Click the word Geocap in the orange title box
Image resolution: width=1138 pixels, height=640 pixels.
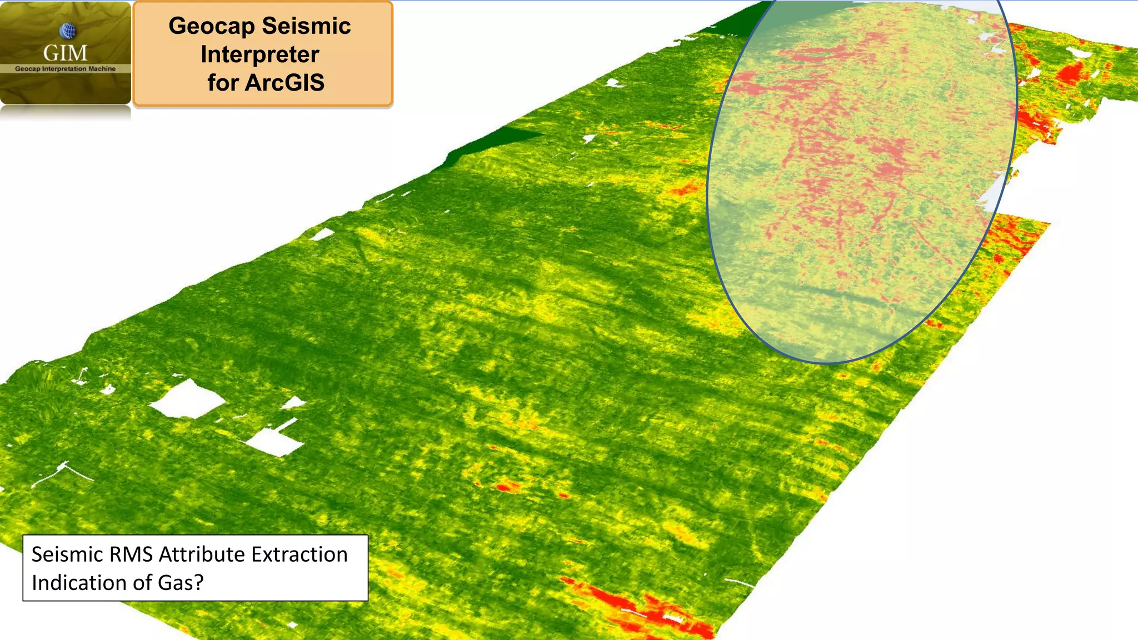211,26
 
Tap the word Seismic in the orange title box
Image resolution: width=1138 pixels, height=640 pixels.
306,26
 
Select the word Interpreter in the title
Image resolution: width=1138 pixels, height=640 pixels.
259,54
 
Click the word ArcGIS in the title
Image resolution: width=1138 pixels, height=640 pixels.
284,83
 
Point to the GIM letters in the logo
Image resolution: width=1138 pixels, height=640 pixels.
65,53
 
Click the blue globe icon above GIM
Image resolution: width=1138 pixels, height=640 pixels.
67,31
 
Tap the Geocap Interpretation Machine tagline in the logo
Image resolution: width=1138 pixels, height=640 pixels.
65,69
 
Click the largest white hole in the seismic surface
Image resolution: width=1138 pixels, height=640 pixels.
188,399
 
